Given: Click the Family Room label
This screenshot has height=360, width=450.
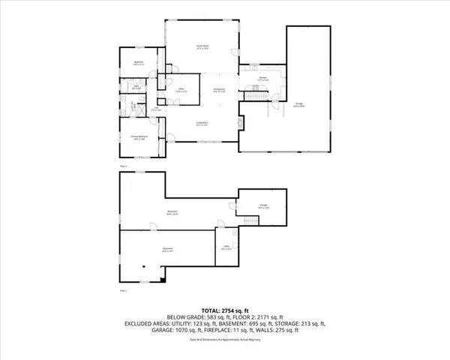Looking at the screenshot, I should pos(202,47).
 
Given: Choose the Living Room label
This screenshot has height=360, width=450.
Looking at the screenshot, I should pos(202,123).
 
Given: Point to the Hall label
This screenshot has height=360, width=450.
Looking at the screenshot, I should pos(157,109).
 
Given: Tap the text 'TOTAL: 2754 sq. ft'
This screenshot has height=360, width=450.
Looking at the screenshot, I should pos(224,309).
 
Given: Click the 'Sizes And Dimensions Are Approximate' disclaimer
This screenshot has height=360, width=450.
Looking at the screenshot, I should pos(224,342).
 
